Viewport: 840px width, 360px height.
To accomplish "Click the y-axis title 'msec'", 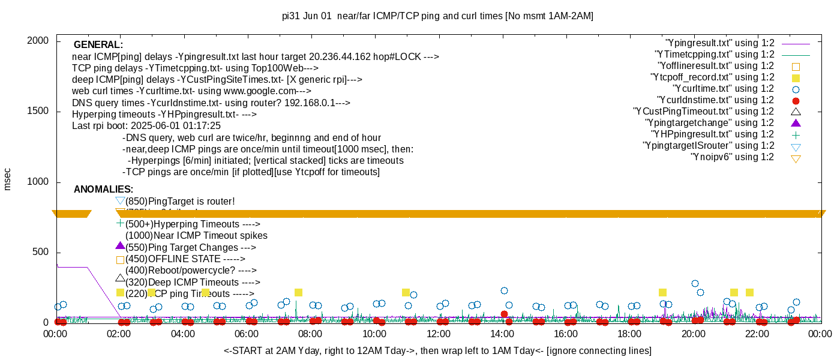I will pos(8,179).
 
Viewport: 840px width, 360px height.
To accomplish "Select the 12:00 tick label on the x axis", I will pos(438,334).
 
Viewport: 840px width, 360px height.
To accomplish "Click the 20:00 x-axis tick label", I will pos(693,334).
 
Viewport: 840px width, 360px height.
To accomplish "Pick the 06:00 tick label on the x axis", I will pos(247,334).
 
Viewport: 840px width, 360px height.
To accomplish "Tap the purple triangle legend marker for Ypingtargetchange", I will pos(796,123).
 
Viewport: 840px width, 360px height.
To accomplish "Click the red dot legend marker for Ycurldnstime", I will pos(796,100).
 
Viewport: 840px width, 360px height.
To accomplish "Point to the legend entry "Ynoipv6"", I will pos(732,157).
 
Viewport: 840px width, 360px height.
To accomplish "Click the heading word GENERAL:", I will pos(98,45).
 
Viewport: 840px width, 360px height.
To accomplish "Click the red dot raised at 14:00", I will pos(504,314).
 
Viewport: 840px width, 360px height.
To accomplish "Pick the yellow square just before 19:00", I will pos(662,292).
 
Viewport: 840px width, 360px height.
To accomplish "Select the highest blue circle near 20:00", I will pos(695,283).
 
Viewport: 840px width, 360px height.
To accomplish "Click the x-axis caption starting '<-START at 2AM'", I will pos(437,350).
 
